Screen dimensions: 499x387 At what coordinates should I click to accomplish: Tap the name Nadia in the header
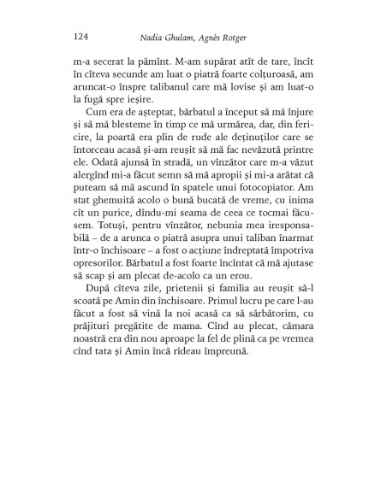click(x=155, y=37)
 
